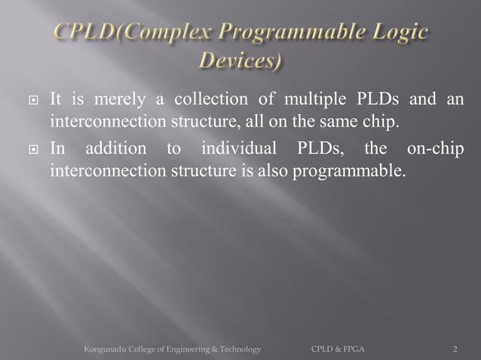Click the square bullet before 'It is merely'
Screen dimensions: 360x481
pos(31,100)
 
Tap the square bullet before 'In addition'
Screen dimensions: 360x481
pos(31,149)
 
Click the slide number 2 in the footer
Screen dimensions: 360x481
pos(455,349)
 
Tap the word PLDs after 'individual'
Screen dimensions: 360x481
pos(314,148)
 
